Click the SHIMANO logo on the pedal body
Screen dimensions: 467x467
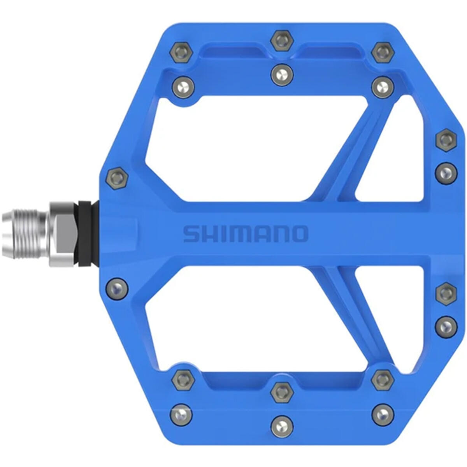pos(246,233)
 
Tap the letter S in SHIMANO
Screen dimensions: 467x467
pos(191,234)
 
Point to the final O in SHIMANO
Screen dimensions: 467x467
pos(299,233)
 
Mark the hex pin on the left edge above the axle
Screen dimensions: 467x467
pos(117,178)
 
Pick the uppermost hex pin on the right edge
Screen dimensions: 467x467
pos(446,139)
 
